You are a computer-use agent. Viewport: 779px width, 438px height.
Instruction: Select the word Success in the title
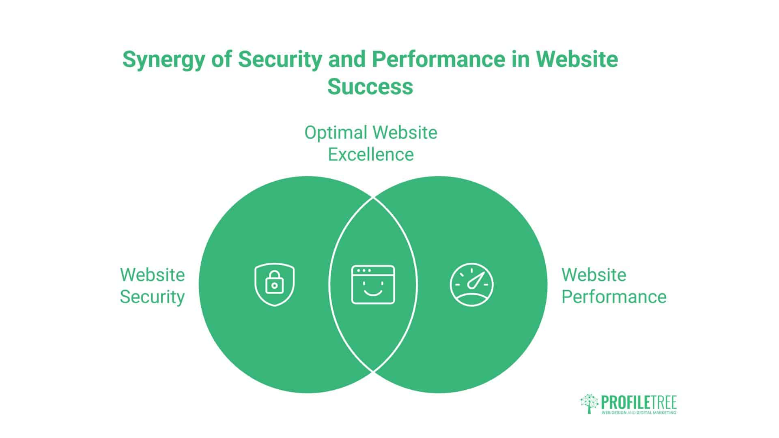[x=370, y=86]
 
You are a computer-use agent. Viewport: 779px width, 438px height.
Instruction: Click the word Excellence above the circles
[x=370, y=155]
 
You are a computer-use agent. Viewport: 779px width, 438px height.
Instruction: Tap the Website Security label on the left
[x=152, y=286]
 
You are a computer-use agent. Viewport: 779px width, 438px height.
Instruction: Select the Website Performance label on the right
[x=613, y=286]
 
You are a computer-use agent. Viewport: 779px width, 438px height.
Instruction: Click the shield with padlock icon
[x=275, y=285]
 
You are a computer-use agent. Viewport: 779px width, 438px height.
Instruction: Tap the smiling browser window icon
[x=373, y=285]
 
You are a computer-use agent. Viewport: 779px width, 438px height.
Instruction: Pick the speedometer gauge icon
[x=471, y=285]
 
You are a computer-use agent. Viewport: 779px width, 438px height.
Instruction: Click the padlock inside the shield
[x=275, y=283]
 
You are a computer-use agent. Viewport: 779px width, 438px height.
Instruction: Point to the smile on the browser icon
[x=373, y=292]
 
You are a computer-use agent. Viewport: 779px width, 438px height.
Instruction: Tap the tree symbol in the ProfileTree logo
[x=590, y=404]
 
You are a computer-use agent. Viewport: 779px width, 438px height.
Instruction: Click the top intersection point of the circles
[x=373, y=198]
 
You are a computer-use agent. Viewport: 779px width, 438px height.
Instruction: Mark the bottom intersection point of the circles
[x=373, y=371]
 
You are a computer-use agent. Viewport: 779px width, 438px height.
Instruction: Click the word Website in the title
[x=577, y=59]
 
